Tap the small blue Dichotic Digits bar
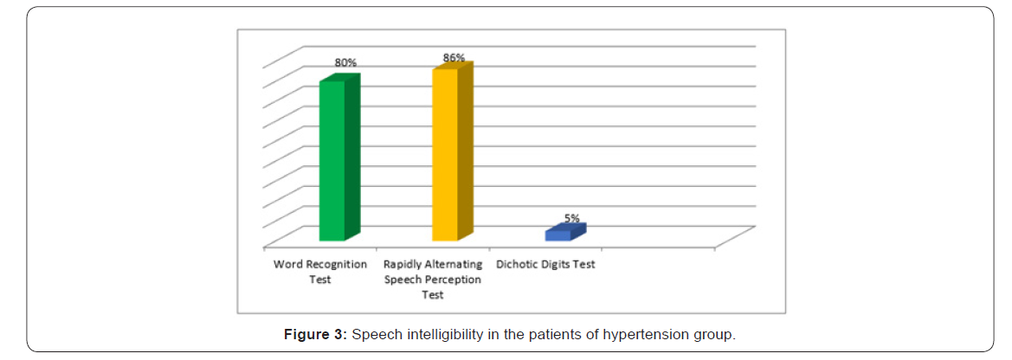click(x=558, y=235)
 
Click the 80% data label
click(x=346, y=63)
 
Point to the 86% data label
click(x=454, y=58)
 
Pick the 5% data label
click(x=572, y=218)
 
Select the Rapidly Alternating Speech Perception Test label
click(x=433, y=279)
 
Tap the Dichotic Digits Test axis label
click(x=545, y=264)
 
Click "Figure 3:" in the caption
click(x=316, y=335)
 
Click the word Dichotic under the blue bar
click(x=517, y=264)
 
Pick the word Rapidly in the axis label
click(x=403, y=264)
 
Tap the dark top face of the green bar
click(x=339, y=79)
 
